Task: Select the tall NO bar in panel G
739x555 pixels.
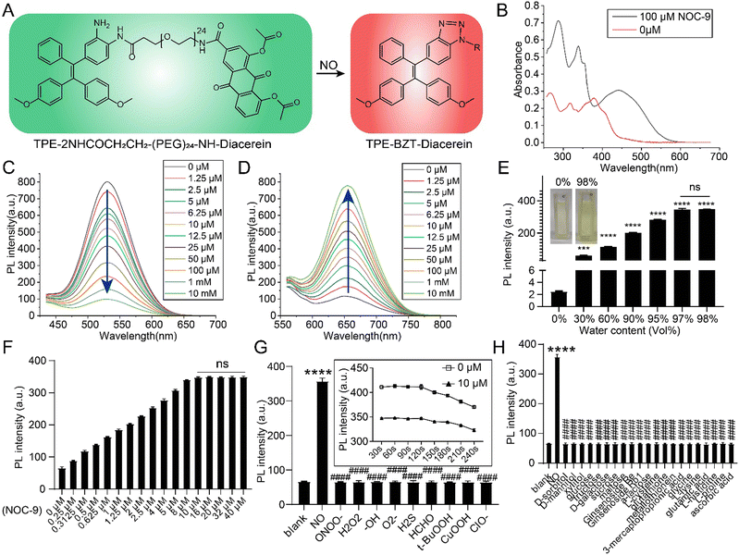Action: point(322,431)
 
